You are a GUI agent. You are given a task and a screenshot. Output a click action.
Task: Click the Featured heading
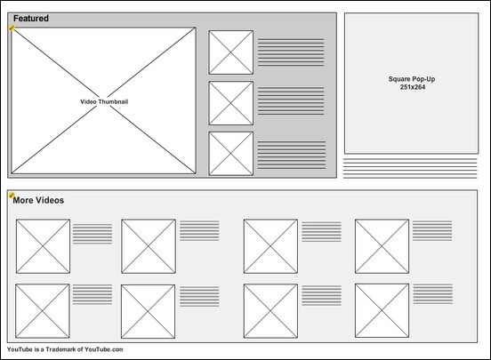(31, 19)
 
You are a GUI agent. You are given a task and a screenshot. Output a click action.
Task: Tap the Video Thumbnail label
(104, 101)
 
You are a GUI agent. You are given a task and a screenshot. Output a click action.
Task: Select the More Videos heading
(38, 200)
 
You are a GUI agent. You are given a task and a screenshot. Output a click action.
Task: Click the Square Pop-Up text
(412, 79)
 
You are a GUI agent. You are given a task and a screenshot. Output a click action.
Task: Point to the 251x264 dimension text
(413, 87)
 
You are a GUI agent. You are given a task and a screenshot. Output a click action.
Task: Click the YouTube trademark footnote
(65, 349)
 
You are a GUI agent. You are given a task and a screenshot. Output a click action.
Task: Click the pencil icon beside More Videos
(12, 196)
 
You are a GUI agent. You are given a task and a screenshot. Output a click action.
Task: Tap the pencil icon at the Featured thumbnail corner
(12, 28)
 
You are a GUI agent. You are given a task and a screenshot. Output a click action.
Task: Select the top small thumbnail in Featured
(231, 52)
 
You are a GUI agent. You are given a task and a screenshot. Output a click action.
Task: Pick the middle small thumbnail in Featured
(231, 103)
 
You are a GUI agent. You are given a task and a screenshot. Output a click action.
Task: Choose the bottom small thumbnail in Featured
(231, 154)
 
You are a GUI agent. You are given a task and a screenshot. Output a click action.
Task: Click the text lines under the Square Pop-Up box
(410, 168)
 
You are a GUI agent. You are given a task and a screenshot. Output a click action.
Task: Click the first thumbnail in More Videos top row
(43, 246)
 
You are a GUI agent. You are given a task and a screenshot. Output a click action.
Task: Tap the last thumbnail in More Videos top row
(382, 246)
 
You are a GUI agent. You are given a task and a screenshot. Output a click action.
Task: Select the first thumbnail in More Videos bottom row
(43, 311)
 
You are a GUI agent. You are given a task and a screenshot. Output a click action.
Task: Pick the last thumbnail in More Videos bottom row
(382, 310)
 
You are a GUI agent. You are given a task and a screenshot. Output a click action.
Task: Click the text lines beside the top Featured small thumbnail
(291, 52)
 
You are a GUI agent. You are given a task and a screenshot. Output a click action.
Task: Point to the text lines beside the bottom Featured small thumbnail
(292, 156)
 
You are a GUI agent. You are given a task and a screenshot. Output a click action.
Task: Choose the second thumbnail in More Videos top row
(149, 246)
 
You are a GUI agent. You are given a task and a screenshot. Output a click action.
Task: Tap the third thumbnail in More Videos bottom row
(270, 311)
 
